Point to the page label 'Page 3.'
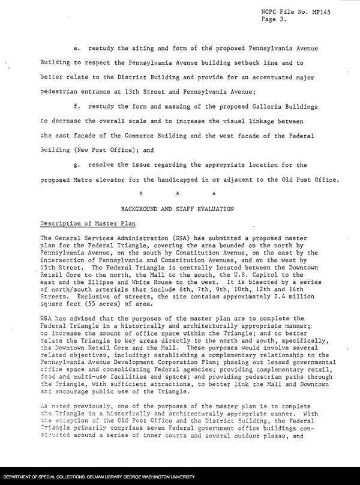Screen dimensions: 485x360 coord(274,19)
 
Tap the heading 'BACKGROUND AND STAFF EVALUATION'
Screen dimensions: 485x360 coord(178,208)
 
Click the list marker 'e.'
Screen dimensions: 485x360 coord(75,47)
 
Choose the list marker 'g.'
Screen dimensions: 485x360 coord(75,165)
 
